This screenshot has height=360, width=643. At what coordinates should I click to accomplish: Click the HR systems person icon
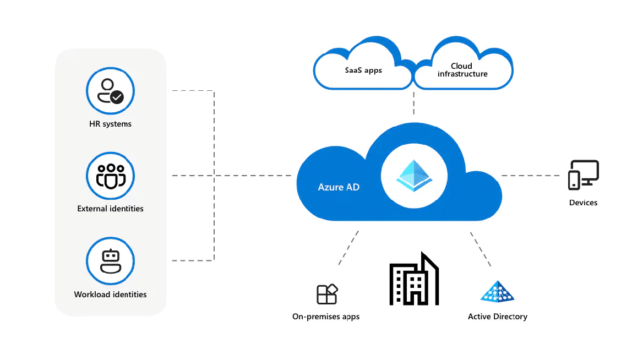(x=110, y=91)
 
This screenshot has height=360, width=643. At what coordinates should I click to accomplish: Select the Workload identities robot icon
(x=111, y=261)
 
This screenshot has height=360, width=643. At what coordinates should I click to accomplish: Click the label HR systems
(x=110, y=124)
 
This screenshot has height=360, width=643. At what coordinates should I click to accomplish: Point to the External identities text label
(x=110, y=209)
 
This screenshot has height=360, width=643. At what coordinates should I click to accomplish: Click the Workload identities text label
(x=110, y=294)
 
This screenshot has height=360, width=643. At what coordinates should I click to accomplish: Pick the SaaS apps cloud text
(x=363, y=70)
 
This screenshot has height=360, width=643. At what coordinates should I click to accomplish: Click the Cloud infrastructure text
(x=462, y=70)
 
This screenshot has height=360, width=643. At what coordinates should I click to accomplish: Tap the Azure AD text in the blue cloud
(x=339, y=187)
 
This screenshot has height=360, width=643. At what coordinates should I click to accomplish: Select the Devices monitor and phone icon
(x=583, y=175)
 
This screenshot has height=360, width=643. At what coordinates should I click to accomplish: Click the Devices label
(x=583, y=203)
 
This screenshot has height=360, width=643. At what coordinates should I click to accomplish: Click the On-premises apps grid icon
(x=326, y=294)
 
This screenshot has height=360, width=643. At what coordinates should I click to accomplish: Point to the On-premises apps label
(x=326, y=317)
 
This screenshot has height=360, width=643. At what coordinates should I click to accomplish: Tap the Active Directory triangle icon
(x=497, y=291)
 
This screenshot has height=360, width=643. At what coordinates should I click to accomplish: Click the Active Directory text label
(x=497, y=317)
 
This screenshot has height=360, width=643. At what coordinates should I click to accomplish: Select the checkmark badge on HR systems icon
(x=117, y=97)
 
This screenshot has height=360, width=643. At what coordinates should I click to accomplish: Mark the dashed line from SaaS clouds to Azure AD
(x=413, y=103)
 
